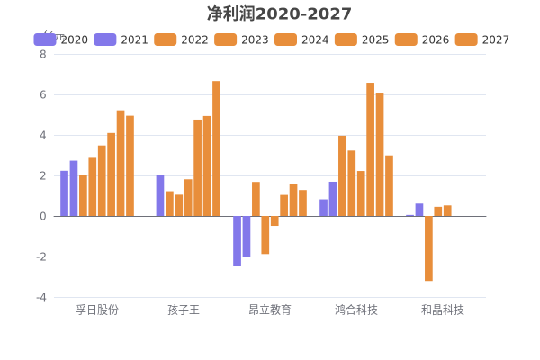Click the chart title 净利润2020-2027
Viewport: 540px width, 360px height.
tap(279, 13)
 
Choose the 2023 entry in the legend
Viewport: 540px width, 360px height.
tap(242, 40)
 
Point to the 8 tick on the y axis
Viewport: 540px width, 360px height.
tap(42, 54)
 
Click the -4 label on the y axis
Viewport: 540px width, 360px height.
tap(40, 297)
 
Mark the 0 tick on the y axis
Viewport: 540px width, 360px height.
tap(42, 216)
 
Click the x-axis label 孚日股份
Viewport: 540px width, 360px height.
tap(97, 310)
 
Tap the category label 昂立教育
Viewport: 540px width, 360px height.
tap(270, 310)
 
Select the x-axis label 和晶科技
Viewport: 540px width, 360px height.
tap(443, 310)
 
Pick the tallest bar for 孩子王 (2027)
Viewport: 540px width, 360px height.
tap(216, 148)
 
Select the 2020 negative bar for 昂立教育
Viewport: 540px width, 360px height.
tap(237, 241)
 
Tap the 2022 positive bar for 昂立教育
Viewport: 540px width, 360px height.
tap(256, 199)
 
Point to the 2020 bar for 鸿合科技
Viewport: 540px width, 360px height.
tap(323, 208)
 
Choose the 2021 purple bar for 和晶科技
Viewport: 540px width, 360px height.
tap(419, 210)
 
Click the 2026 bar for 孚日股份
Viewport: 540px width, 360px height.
tap(121, 163)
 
